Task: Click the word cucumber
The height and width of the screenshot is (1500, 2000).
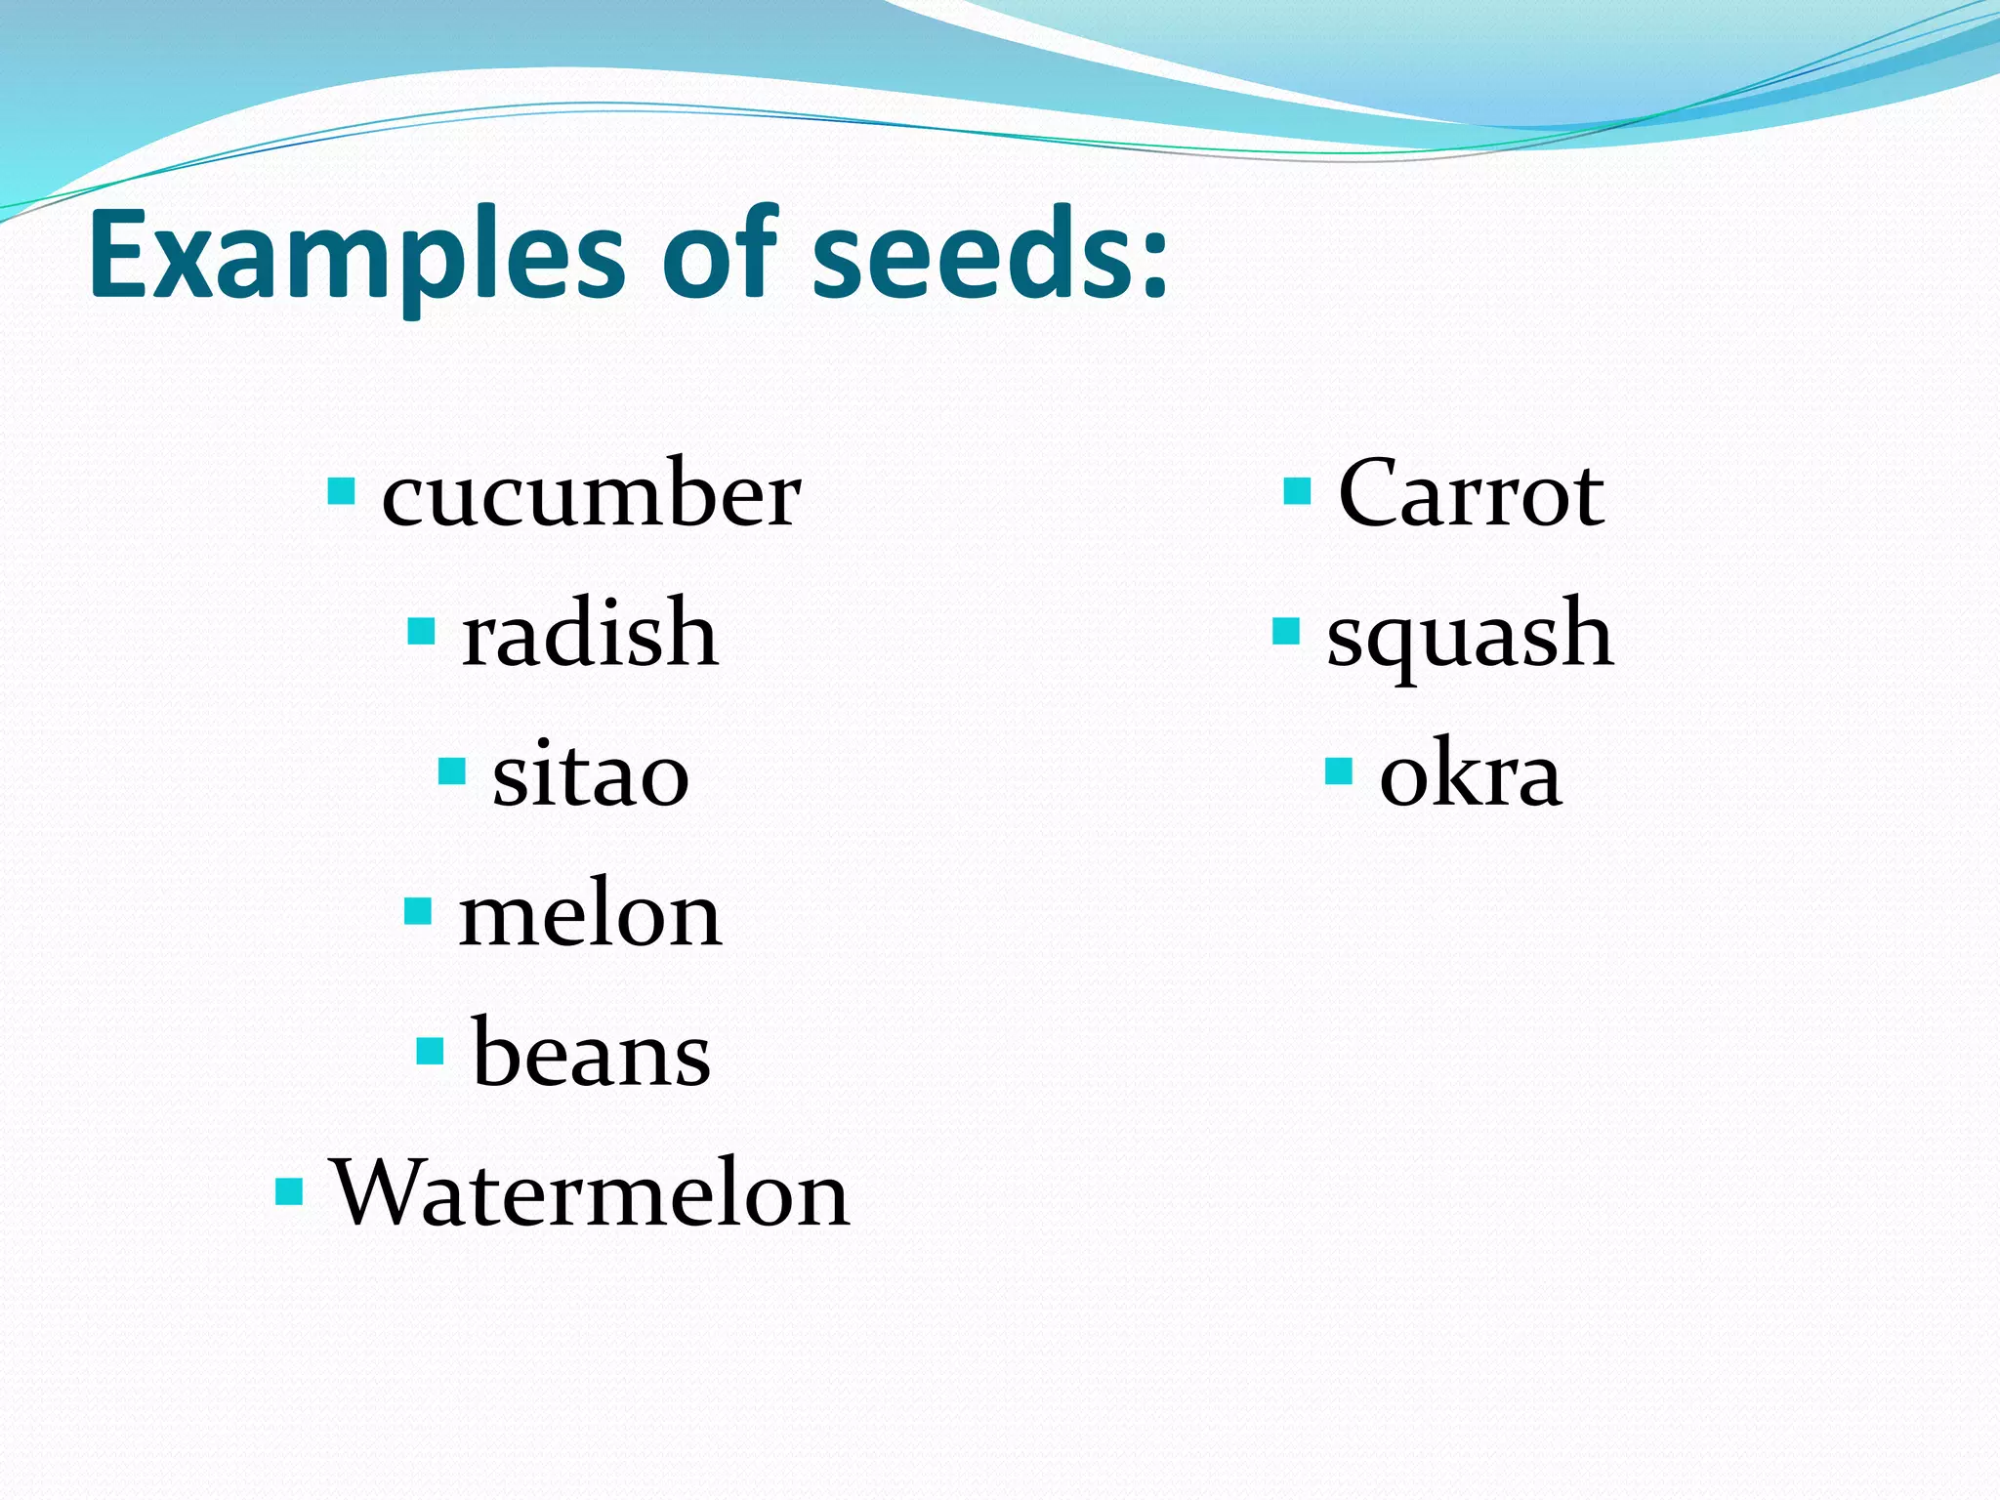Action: (x=591, y=496)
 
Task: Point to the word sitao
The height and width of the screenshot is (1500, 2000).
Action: (x=590, y=775)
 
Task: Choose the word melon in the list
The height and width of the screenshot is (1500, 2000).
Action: (x=590, y=916)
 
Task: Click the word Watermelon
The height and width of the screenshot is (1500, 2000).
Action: (x=591, y=1194)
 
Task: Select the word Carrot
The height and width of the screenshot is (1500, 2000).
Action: (x=1470, y=494)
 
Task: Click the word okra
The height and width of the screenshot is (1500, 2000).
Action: (x=1470, y=775)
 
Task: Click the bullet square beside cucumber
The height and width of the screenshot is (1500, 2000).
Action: (x=341, y=490)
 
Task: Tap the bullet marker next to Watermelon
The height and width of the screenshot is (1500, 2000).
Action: (x=290, y=1191)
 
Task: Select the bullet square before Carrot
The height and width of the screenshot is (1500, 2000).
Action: (x=1297, y=490)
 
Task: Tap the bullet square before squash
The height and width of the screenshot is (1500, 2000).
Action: (x=1286, y=632)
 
